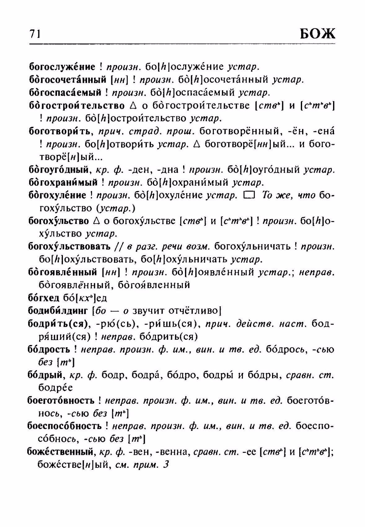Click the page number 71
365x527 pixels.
35,34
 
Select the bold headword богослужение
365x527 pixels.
62,67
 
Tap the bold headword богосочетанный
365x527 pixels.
67,80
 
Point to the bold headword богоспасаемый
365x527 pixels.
65,93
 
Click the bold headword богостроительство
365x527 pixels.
77,106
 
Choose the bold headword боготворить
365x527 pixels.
61,131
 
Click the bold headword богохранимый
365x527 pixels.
63,183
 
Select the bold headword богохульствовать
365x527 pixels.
69,247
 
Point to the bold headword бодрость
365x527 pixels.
49,350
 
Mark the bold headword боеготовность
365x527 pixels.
61,401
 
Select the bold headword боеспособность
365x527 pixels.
64,426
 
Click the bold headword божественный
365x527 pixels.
60,452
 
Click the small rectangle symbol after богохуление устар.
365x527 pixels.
249,196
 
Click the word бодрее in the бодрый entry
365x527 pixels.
55,388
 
